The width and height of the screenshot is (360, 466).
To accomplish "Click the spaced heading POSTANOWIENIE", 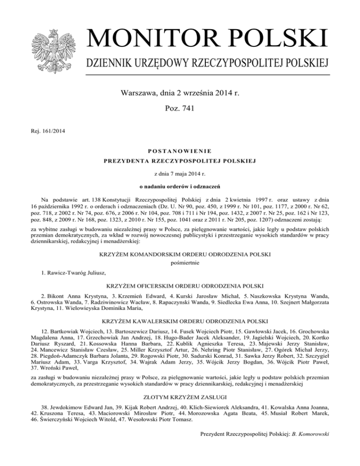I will [180, 151].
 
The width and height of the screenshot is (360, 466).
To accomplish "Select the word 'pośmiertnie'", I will [180, 263].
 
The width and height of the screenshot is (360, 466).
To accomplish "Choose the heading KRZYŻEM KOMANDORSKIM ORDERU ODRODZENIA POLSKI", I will [180, 254].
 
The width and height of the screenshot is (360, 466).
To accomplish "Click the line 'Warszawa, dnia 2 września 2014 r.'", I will [180, 93].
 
